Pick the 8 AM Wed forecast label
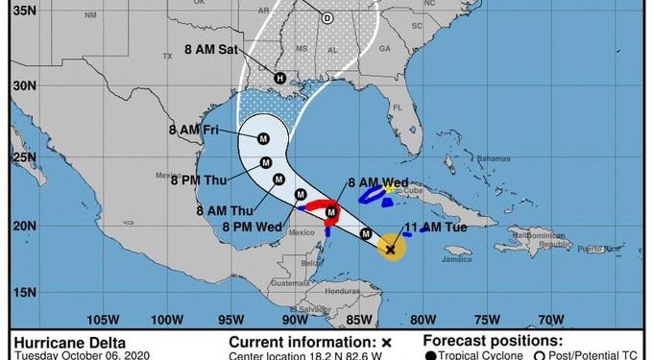[378, 181]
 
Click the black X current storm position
[390, 249]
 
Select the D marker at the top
[326, 18]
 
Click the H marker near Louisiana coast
[280, 78]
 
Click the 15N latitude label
[24, 292]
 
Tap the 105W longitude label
[102, 318]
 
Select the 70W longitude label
[550, 318]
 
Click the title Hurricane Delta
[70, 342]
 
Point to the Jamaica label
[457, 259]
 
